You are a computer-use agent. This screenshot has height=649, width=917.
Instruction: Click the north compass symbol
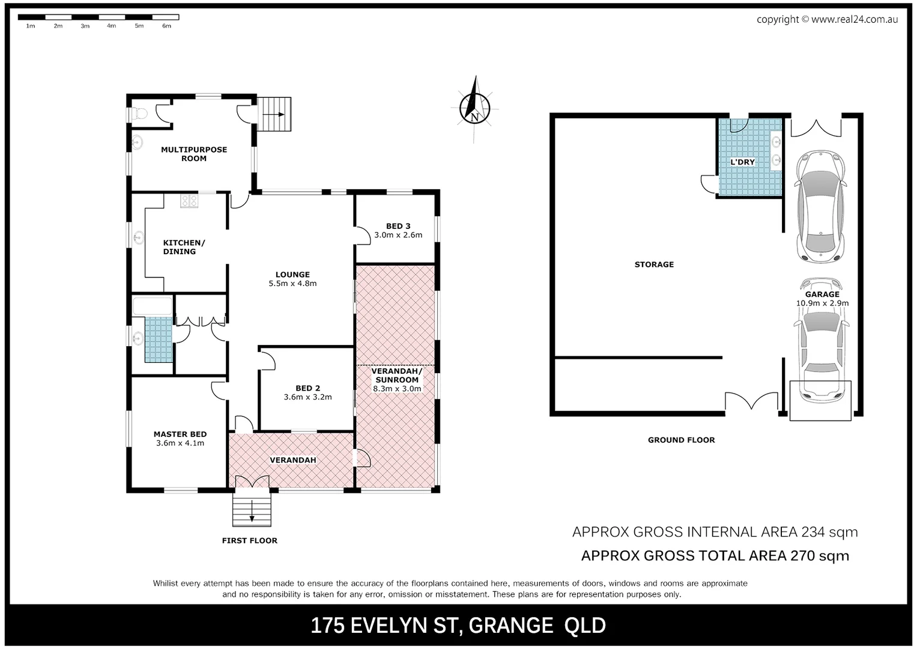click(x=474, y=108)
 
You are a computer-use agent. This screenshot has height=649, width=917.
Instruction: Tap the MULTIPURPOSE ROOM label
click(x=194, y=154)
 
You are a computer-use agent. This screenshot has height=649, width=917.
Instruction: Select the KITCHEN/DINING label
click(x=183, y=247)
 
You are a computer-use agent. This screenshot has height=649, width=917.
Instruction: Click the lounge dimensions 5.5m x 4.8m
click(x=292, y=284)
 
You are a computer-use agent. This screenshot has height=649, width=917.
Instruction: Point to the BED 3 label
click(x=398, y=226)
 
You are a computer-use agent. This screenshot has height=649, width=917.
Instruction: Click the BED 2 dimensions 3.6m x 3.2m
click(x=307, y=397)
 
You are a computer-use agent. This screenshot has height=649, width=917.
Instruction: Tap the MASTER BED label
click(x=180, y=434)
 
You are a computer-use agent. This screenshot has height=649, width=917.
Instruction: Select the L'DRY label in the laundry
click(x=742, y=162)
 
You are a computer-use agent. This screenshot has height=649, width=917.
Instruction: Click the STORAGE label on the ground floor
click(x=654, y=264)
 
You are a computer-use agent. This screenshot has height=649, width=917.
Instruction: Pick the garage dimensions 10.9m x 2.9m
click(x=822, y=303)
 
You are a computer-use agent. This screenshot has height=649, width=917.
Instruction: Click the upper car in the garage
click(x=820, y=206)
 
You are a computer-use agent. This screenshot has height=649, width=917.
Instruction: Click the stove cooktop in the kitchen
click(x=190, y=201)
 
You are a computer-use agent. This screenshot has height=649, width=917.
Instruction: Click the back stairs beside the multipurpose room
click(x=275, y=114)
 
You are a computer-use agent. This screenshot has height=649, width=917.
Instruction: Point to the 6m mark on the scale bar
click(x=166, y=26)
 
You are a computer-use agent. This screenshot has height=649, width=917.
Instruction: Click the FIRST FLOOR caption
click(x=249, y=541)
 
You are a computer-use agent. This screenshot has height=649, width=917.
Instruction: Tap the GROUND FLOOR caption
click(x=681, y=440)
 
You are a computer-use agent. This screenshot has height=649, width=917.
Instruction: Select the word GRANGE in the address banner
click(x=510, y=626)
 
